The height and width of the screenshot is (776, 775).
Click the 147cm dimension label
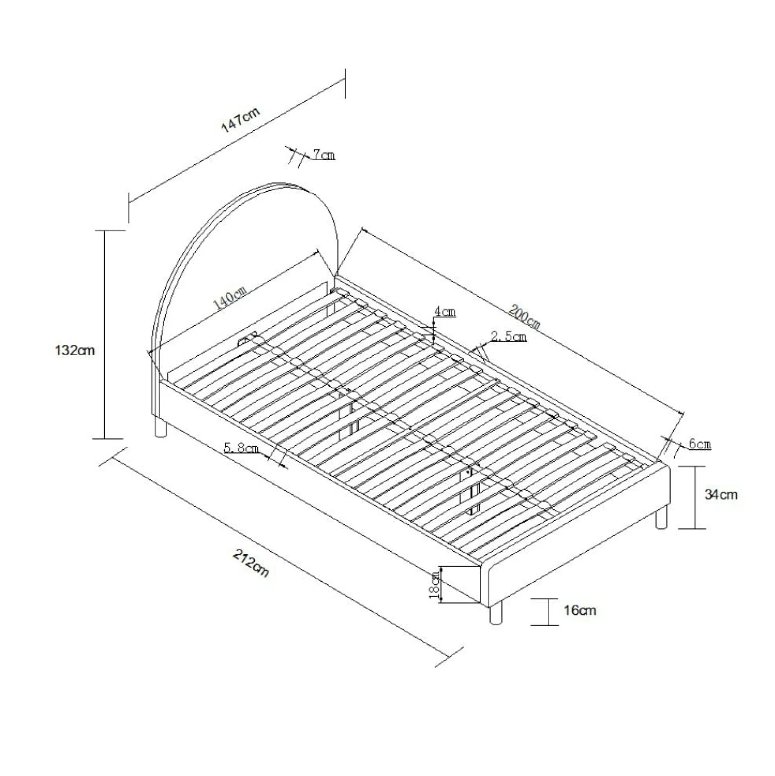241,119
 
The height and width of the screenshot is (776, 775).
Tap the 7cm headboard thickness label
324,155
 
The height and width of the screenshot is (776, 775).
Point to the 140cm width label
230,297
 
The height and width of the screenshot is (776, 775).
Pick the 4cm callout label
445,311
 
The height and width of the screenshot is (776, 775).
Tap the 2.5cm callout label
509,336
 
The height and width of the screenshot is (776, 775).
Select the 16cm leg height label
580,611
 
